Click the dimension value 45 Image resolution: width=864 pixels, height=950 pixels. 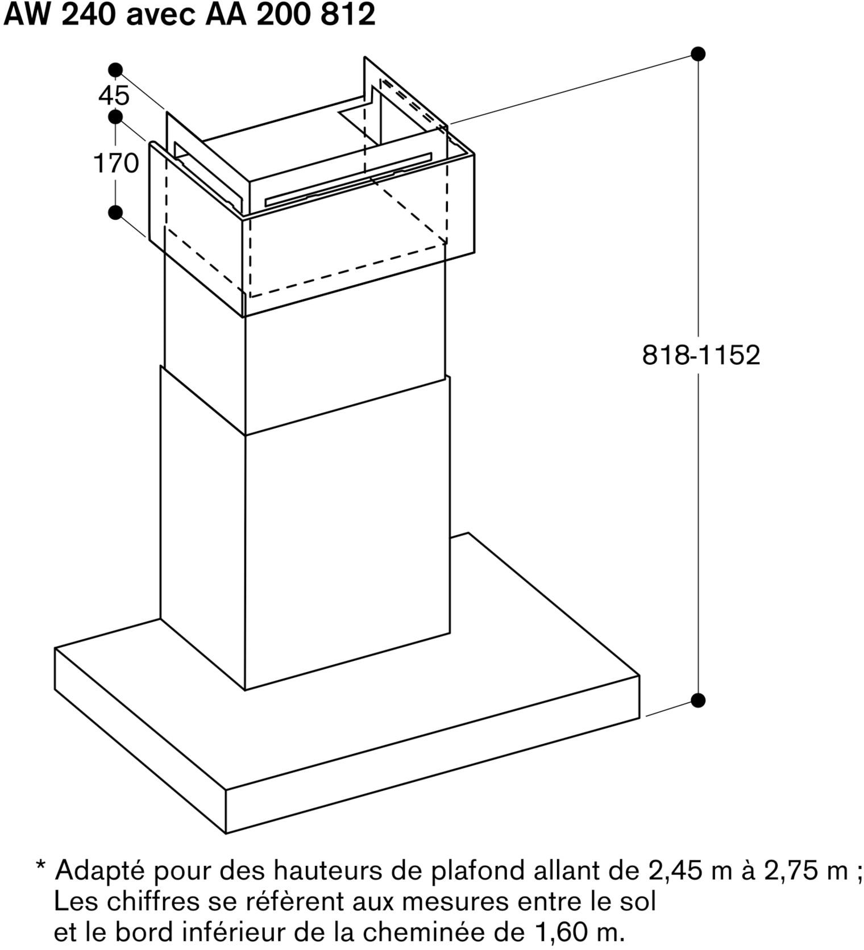tap(114, 95)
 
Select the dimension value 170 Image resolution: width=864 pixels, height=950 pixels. tap(116, 164)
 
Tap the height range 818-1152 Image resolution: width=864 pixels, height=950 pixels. tap(701, 355)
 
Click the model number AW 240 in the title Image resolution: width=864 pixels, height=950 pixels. tap(61, 15)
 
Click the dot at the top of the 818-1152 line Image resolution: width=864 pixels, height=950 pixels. tap(698, 54)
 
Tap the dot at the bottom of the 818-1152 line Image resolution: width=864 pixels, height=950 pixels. tap(698, 700)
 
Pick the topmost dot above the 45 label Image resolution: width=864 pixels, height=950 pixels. tap(115, 70)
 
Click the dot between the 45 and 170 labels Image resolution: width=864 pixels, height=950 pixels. tap(115, 118)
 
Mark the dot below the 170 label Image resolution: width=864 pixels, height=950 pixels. tap(115, 213)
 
